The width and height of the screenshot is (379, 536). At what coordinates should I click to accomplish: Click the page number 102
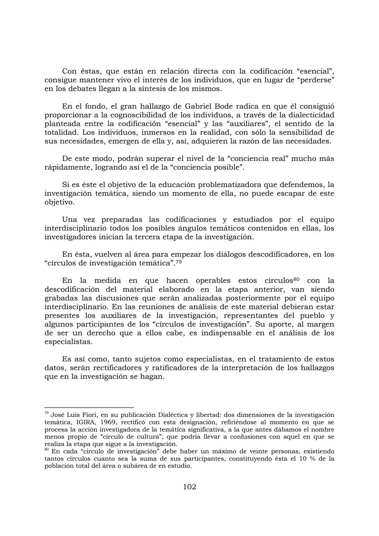click(x=189, y=487)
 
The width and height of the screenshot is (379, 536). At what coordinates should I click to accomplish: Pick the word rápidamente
click(x=68, y=167)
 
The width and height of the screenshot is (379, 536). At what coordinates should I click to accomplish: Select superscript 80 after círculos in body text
click(x=296, y=279)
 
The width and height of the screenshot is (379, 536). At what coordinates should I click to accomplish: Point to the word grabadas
click(x=59, y=298)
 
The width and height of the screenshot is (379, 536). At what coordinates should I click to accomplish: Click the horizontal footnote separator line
click(x=89, y=408)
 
